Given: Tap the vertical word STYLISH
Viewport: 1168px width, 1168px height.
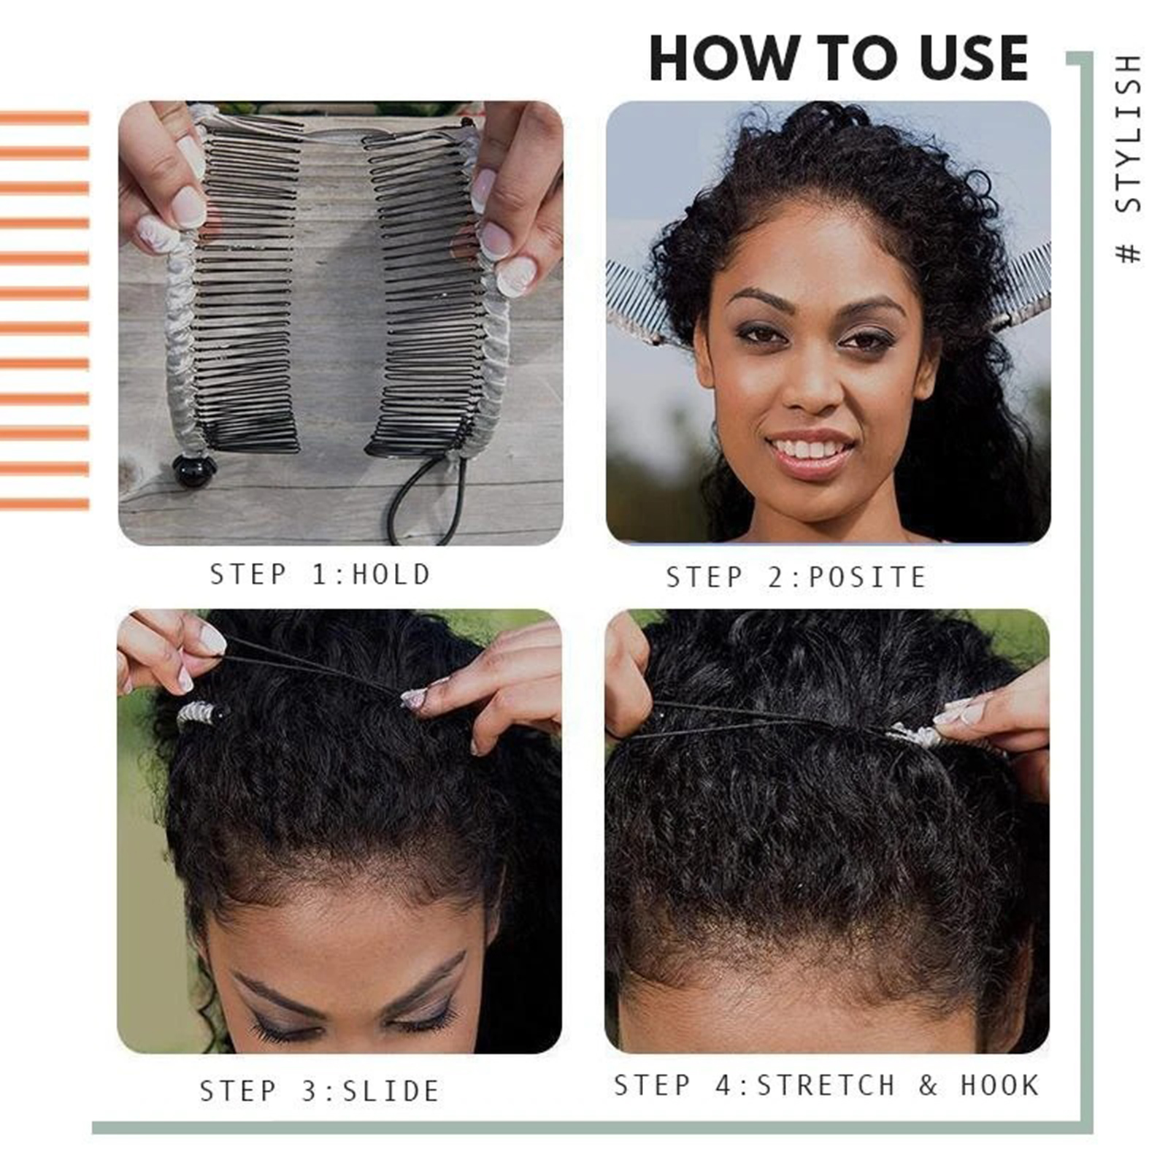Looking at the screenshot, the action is (1129, 134).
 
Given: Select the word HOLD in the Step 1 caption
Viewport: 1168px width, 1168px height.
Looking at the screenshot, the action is (392, 575).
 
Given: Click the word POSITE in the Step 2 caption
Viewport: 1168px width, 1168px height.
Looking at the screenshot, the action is (868, 577).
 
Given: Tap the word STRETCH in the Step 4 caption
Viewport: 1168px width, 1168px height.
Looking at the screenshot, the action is (826, 1086).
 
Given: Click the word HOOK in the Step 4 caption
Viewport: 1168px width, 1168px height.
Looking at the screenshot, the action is (999, 1086).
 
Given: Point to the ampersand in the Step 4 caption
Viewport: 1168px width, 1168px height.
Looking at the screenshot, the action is (928, 1086).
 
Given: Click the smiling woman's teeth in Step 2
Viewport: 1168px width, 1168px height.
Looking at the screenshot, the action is (809, 447).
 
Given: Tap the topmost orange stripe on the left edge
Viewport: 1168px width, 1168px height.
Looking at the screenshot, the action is (45, 118).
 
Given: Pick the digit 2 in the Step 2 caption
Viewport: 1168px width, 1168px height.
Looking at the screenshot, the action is (776, 577).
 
